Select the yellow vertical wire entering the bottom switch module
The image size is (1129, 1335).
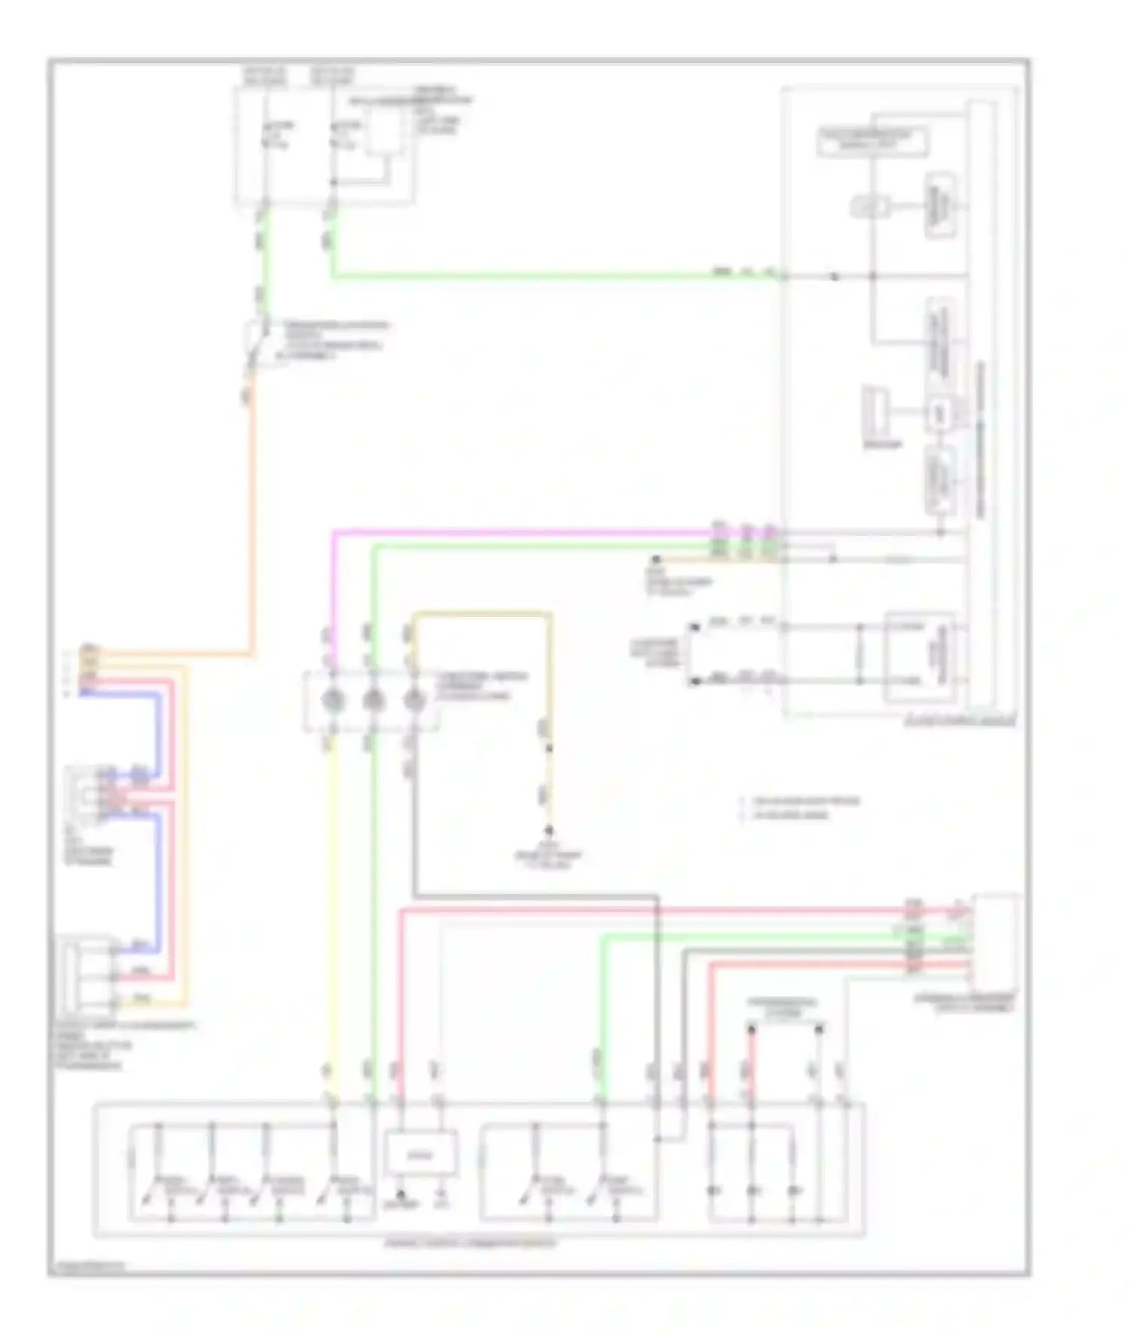(x=333, y=903)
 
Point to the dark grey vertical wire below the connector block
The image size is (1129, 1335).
(x=413, y=828)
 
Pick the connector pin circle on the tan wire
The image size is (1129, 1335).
(x=413, y=700)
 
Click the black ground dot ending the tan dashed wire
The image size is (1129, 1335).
(x=550, y=831)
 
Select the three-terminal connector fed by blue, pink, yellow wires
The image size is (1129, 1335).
(x=89, y=975)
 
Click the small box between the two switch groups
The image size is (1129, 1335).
(x=421, y=1153)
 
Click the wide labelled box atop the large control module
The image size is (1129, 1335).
(x=873, y=141)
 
